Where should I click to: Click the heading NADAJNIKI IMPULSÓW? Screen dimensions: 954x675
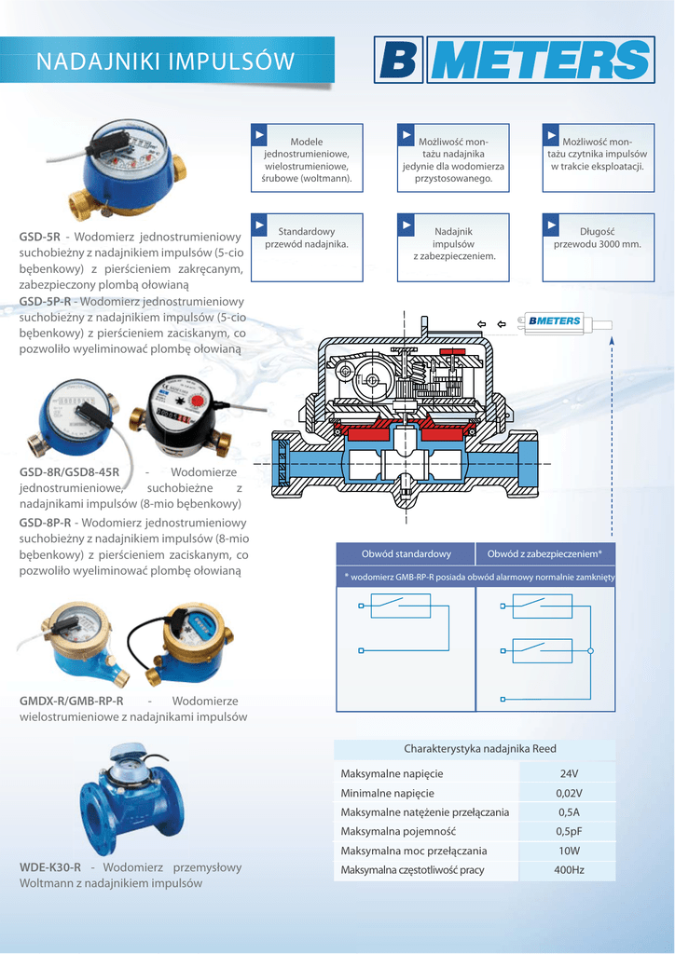[165, 61]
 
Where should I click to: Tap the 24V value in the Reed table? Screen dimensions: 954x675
[569, 774]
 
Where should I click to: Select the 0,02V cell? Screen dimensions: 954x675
[569, 794]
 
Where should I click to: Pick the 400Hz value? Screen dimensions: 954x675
[569, 870]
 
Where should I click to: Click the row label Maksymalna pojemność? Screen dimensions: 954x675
[398, 832]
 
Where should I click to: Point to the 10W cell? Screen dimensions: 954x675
[569, 852]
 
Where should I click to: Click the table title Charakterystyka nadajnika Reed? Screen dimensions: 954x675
[479, 749]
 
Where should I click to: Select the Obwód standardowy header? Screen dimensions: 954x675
[406, 554]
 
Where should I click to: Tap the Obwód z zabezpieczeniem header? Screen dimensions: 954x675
[545, 554]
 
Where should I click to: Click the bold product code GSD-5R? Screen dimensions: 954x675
[40, 237]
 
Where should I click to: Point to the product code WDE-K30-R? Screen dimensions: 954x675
[50, 867]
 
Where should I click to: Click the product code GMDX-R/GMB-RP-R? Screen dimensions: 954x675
[72, 701]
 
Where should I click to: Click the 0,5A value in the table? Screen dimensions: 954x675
[569, 813]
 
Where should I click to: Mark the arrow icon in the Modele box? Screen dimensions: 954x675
[261, 136]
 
